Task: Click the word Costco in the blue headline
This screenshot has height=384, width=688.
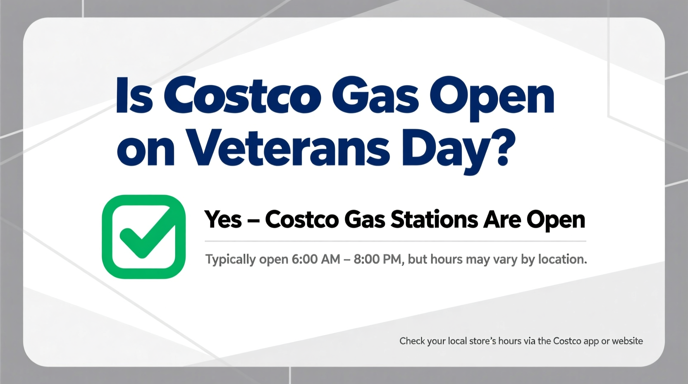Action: (x=242, y=96)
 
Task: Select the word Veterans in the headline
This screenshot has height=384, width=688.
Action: (x=288, y=148)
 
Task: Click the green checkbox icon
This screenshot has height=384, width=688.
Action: (x=143, y=236)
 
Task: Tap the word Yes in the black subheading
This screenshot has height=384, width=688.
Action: (x=223, y=219)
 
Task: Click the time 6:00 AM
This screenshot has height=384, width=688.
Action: (x=315, y=259)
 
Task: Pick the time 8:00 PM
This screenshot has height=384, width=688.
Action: (x=377, y=259)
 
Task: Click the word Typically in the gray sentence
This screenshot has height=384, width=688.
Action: (x=230, y=260)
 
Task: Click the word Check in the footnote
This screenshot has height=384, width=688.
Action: (x=411, y=341)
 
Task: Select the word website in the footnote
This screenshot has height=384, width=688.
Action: (x=627, y=341)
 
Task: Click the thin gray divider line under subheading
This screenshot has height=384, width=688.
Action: (x=395, y=241)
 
